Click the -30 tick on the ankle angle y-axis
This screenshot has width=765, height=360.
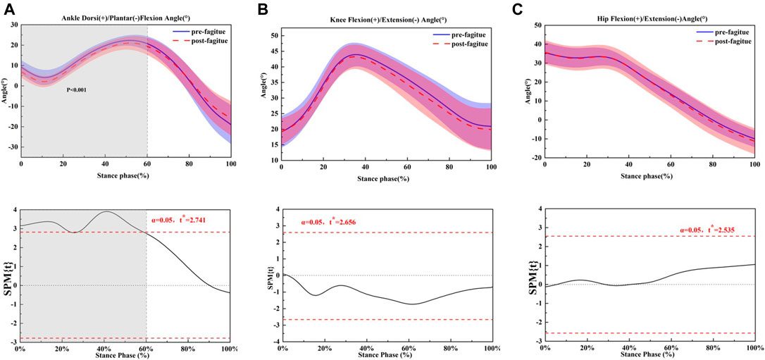click(x=13, y=147)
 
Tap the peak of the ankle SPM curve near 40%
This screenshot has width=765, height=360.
click(x=106, y=211)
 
